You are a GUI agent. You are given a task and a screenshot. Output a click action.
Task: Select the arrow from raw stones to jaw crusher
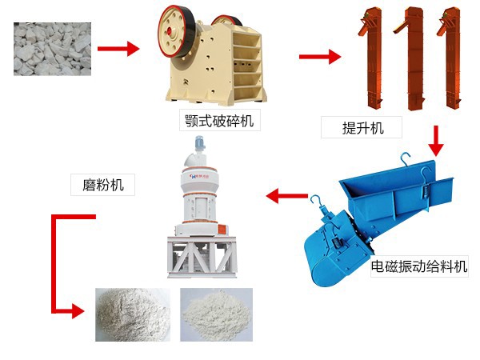pos(118,50)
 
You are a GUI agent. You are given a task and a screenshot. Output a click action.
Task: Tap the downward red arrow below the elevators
pos(436,142)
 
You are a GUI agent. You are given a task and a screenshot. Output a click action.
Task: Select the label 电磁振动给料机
pos(419,267)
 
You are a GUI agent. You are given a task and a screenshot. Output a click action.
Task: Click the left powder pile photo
pos(132,314)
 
